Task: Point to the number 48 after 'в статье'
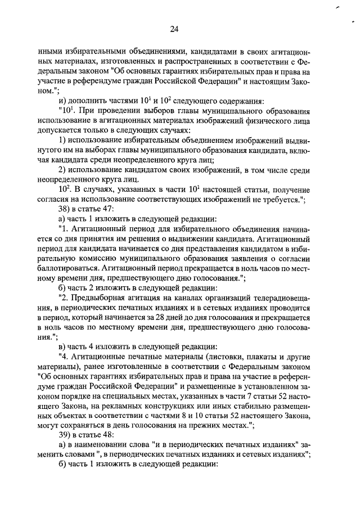click(108, 434)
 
